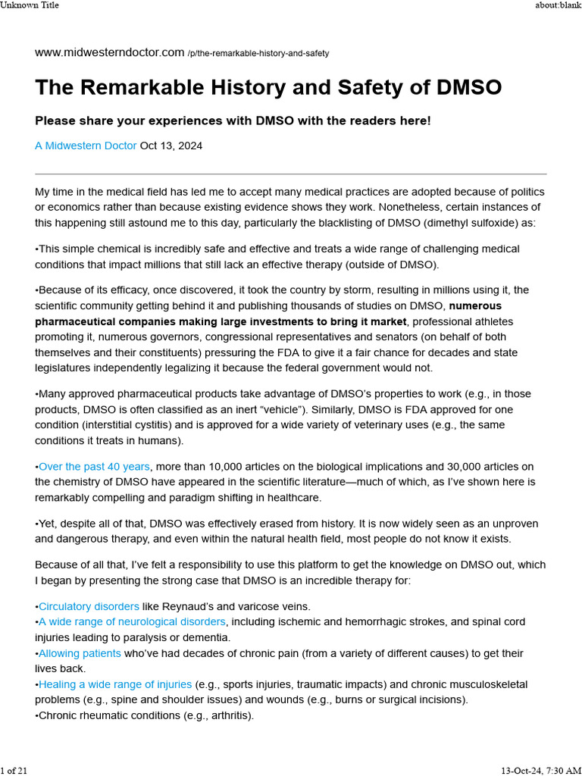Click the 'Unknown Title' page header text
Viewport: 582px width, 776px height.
coord(30,5)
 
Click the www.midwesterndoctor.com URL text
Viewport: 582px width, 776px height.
coord(109,52)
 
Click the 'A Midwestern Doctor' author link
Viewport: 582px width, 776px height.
coord(86,145)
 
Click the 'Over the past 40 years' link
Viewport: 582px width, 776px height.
coord(94,467)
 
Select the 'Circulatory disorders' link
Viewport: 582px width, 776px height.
coord(89,606)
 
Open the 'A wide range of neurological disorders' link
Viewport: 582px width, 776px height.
coord(132,621)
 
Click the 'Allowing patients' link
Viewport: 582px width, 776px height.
coord(80,653)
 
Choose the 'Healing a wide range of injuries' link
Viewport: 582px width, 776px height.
coord(115,684)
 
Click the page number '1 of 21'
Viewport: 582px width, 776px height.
coord(14,770)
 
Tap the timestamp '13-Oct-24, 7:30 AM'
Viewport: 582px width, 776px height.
coord(541,770)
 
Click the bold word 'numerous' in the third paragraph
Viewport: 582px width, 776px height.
coord(475,306)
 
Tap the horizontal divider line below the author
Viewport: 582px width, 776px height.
coord(291,174)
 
